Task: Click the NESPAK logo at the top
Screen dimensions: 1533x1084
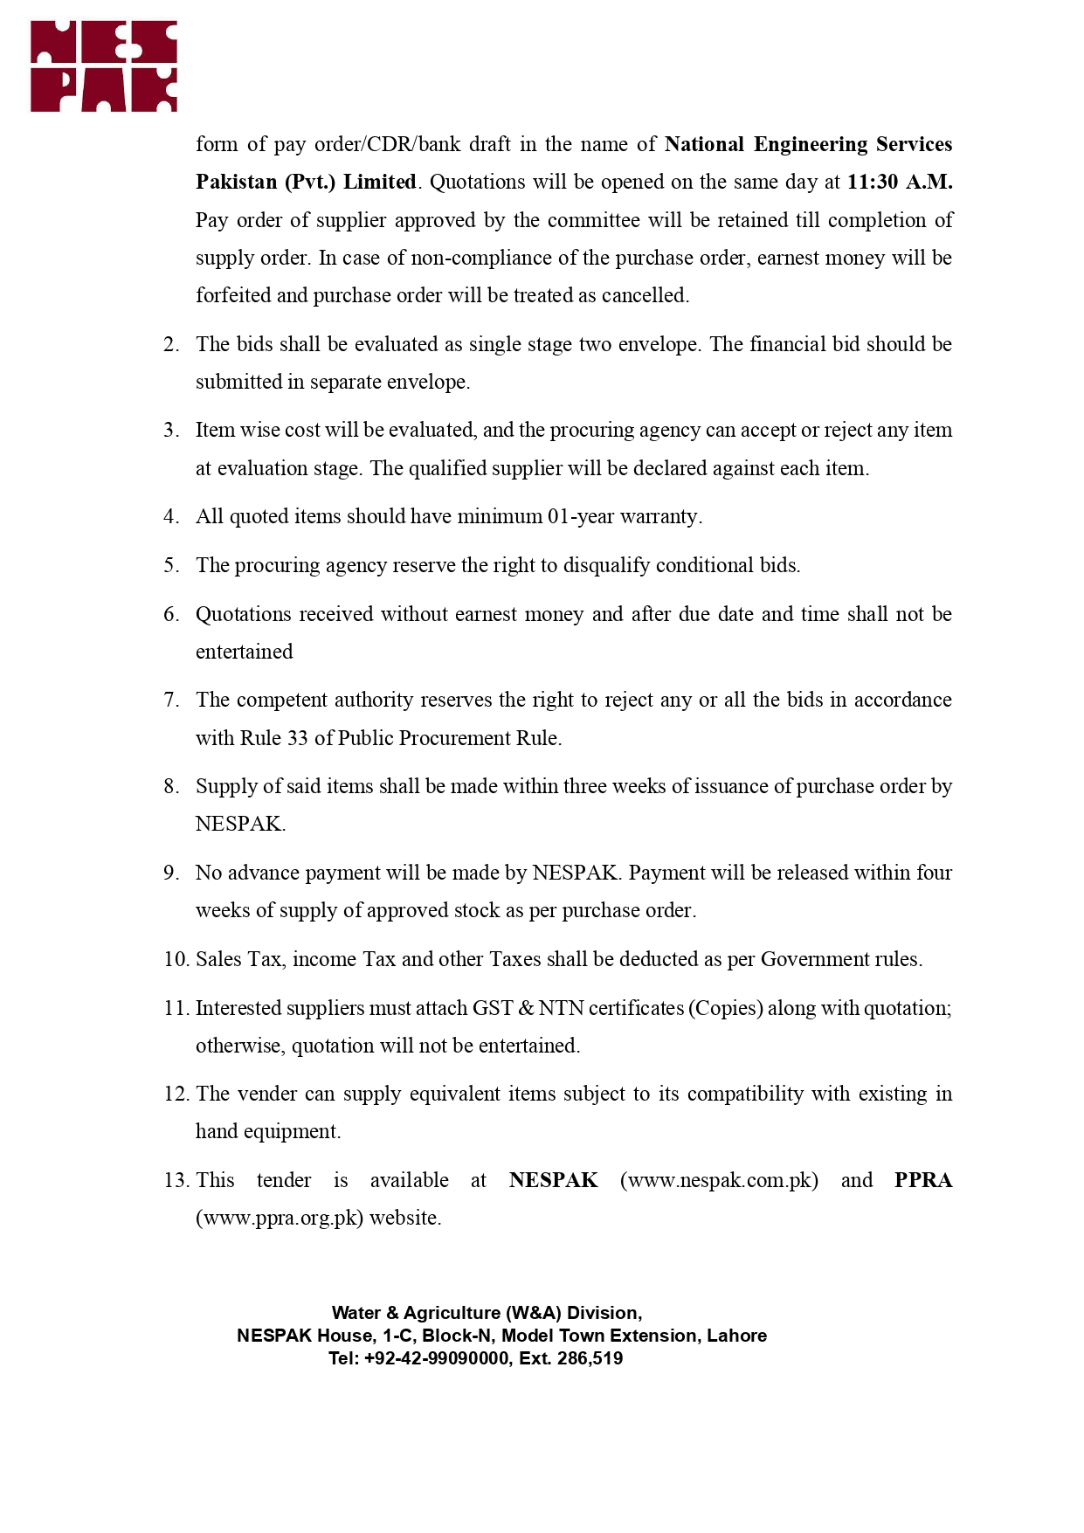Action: click(104, 66)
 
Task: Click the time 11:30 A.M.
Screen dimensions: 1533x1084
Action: click(899, 182)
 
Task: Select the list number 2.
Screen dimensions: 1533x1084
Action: click(170, 344)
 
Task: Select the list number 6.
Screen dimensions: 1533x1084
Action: click(170, 614)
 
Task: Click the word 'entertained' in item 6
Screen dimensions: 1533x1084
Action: click(244, 652)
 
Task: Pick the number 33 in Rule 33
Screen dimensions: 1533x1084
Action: click(297, 738)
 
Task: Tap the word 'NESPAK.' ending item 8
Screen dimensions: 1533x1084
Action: click(240, 824)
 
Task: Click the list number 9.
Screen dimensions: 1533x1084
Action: click(170, 873)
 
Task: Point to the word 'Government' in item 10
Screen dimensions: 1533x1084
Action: click(816, 959)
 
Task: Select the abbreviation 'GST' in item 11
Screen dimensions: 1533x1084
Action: click(493, 1008)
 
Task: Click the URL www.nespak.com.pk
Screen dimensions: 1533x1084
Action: click(720, 1180)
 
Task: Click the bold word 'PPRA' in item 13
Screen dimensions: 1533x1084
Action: click(922, 1180)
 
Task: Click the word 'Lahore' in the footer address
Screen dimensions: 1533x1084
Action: click(736, 1336)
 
